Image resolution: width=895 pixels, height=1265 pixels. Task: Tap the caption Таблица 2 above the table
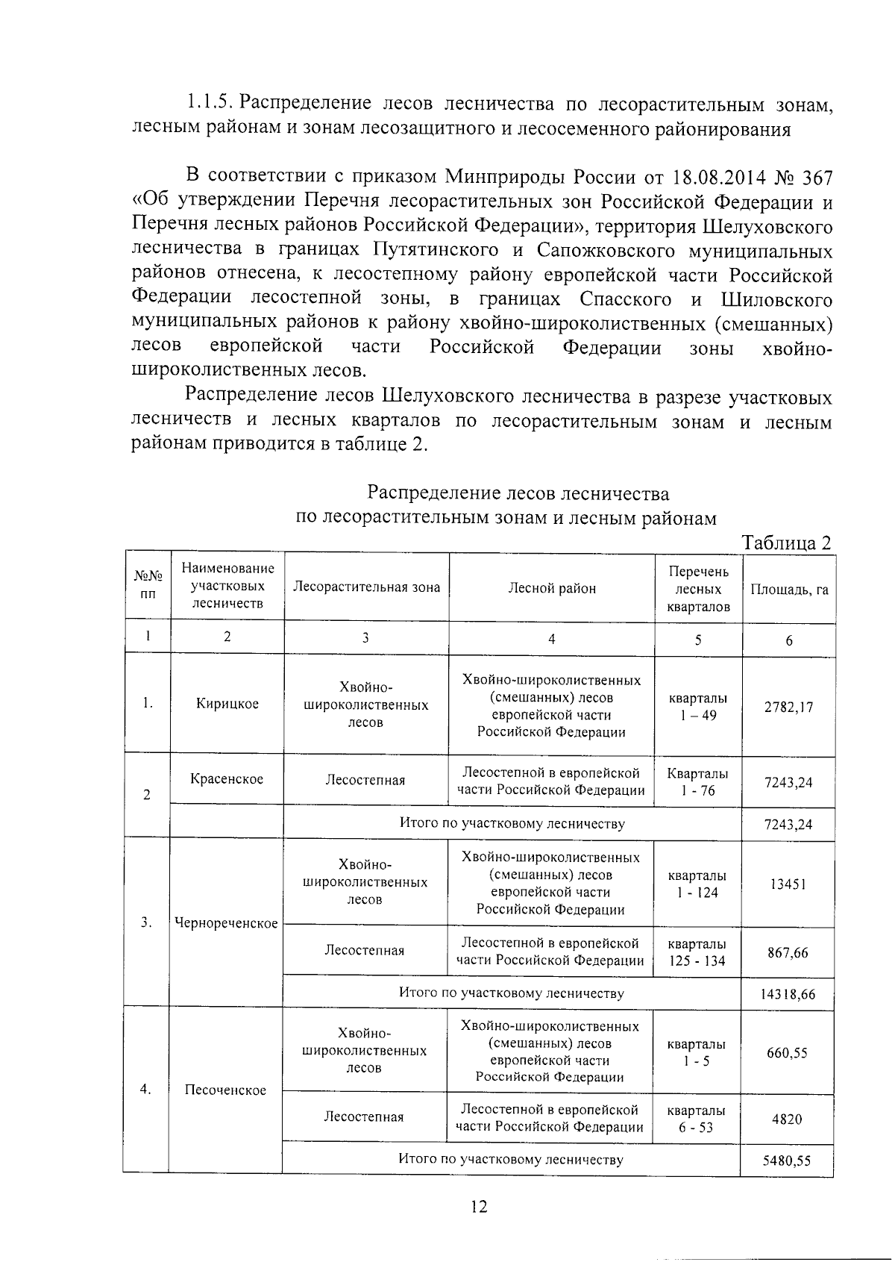tap(786, 543)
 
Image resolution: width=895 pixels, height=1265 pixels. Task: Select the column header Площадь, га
tap(789, 589)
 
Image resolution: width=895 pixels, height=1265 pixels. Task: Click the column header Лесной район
tap(552, 588)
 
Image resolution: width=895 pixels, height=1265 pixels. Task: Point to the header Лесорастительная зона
tap(366, 587)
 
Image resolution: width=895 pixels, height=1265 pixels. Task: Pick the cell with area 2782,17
tap(788, 707)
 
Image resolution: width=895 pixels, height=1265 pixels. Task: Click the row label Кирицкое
tap(227, 704)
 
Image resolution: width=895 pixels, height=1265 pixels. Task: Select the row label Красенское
tap(227, 779)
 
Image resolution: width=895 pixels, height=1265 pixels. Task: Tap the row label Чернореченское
tap(226, 923)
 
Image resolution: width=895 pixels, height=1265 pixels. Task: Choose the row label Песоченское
tap(225, 1090)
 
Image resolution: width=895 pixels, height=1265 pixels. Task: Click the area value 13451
tap(788, 884)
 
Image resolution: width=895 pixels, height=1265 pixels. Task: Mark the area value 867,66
tap(788, 953)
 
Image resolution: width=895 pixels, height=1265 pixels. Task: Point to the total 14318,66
tap(788, 994)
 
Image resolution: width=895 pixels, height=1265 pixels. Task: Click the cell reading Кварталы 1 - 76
tap(697, 781)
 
